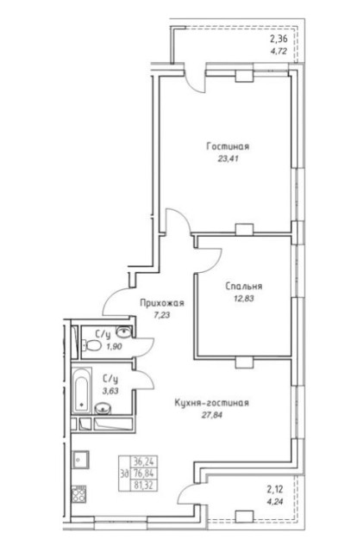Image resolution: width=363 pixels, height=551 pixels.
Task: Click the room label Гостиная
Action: (x=228, y=146)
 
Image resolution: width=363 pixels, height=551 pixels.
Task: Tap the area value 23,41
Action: (x=228, y=158)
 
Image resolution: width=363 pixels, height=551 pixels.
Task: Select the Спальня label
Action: (x=244, y=286)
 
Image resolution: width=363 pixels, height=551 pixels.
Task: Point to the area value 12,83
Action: (x=244, y=299)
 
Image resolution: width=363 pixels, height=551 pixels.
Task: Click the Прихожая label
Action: (x=162, y=302)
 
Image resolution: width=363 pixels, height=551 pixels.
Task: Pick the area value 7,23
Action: (x=161, y=315)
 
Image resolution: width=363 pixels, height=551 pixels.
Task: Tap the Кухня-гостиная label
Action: (x=211, y=403)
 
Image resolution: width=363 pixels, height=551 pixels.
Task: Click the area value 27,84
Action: (x=212, y=415)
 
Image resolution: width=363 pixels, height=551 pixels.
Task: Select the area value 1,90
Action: (x=114, y=347)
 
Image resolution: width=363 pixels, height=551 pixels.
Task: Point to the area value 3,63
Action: (x=110, y=390)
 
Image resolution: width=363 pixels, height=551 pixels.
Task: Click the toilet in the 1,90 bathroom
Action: (x=92, y=345)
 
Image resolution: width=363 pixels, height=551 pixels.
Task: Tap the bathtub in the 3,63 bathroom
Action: (x=82, y=390)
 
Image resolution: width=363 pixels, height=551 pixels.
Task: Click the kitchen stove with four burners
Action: (x=78, y=493)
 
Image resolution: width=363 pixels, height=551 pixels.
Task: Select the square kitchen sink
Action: (x=81, y=459)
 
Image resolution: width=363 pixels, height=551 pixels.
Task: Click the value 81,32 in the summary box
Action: (x=144, y=486)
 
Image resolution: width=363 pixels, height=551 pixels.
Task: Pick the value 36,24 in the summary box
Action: (x=144, y=461)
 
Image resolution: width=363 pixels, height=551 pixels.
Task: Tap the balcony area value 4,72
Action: (x=279, y=51)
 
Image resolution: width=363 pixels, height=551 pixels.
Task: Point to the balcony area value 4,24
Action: (x=275, y=501)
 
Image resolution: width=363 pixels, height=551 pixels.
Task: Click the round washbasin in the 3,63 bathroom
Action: (x=103, y=408)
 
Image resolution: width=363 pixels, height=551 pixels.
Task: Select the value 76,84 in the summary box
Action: (x=144, y=473)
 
